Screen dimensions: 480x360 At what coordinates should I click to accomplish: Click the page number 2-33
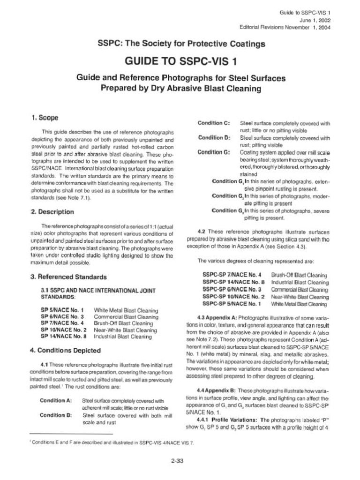177,461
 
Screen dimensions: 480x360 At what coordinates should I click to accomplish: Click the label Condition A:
56,401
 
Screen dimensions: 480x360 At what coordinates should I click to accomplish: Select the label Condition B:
56,415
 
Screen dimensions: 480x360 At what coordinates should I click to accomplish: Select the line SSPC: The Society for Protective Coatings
181,44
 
